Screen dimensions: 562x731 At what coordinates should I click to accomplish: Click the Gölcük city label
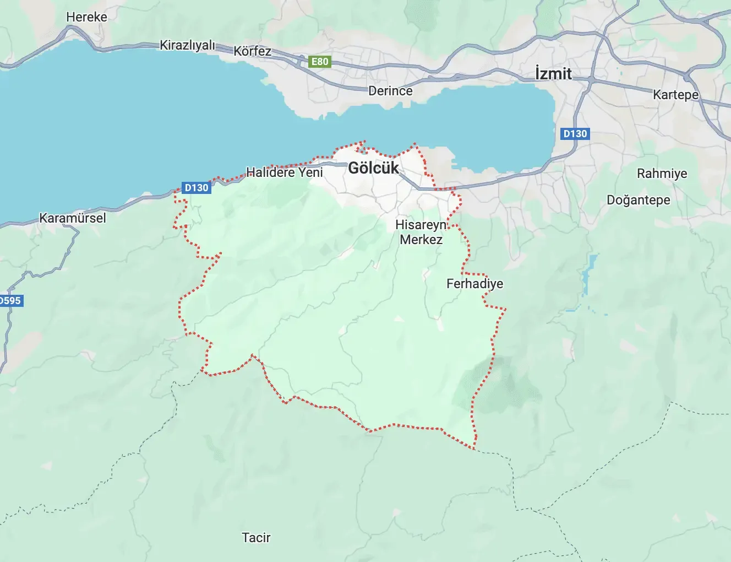tap(373, 168)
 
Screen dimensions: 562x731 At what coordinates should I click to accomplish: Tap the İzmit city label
tap(553, 74)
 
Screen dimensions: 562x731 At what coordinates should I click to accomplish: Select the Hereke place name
tap(86, 17)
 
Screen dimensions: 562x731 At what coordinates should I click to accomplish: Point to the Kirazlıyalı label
tap(187, 45)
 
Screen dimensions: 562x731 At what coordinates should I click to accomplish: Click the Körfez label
tap(252, 51)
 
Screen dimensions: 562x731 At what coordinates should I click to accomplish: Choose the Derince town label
tap(390, 91)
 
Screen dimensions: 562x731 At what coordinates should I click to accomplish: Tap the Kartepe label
tap(675, 95)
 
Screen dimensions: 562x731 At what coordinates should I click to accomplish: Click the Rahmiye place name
tap(662, 174)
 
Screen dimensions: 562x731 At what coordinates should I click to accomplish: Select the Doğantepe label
tap(638, 200)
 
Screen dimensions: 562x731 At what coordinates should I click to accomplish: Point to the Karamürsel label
tap(73, 218)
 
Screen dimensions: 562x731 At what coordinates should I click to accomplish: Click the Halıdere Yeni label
tap(284, 172)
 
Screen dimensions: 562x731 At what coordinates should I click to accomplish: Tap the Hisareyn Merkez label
tap(421, 232)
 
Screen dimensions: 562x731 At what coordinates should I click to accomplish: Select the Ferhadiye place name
tap(474, 284)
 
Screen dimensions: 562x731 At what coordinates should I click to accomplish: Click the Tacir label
tap(256, 537)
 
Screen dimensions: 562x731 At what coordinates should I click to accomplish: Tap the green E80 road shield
tap(320, 62)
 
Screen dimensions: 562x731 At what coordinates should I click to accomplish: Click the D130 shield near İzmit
tap(575, 133)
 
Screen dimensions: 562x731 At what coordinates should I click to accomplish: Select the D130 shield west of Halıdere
tap(197, 188)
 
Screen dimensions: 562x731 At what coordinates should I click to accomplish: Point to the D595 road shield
tap(10, 301)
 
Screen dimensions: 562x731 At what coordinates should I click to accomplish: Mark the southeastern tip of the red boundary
tap(474, 448)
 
